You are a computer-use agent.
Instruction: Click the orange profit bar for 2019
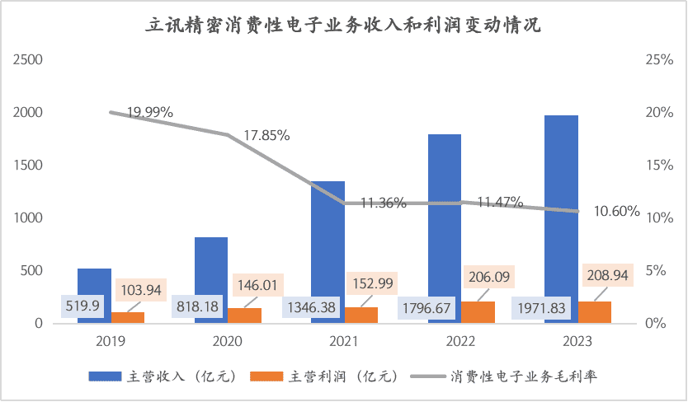click(x=128, y=318)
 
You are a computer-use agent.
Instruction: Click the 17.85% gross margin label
click(x=266, y=135)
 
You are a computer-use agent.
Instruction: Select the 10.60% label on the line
click(x=616, y=211)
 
